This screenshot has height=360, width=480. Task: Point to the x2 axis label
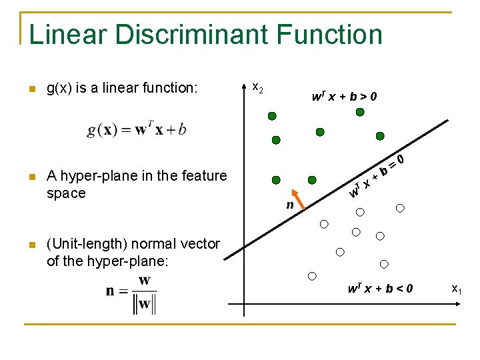pyautogui.click(x=257, y=87)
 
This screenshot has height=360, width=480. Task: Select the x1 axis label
pyautogui.click(x=457, y=289)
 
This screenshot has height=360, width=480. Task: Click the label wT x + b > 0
pyautogui.click(x=344, y=97)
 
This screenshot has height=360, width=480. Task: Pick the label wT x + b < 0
pyautogui.click(x=380, y=289)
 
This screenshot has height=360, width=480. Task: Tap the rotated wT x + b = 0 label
pyautogui.click(x=377, y=175)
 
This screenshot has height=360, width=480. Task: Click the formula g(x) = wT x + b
pyautogui.click(x=136, y=129)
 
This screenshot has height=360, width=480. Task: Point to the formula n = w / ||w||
pyautogui.click(x=132, y=293)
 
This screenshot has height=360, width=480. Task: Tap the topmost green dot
pyautogui.click(x=360, y=112)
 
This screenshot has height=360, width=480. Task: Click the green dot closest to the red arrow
pyautogui.click(x=311, y=180)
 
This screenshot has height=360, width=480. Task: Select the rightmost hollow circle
pyautogui.click(x=400, y=208)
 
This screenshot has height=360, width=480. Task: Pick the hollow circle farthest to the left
pyautogui.click(x=312, y=276)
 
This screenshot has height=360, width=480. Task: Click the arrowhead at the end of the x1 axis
pyautogui.click(x=460, y=303)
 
